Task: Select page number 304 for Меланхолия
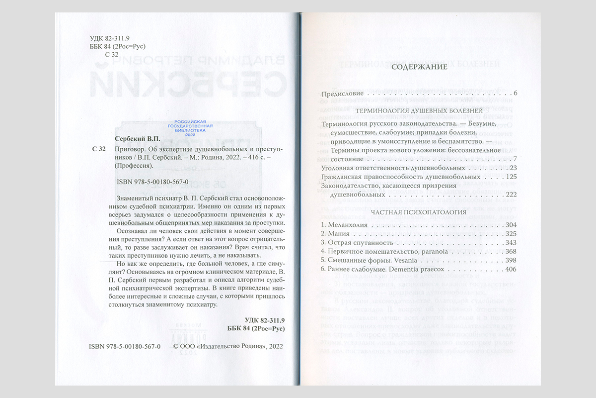[510, 225]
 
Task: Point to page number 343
[510, 243]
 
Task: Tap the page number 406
[510, 269]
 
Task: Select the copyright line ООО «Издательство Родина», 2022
[227, 347]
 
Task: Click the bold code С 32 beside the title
[99, 149]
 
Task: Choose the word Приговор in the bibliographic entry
[130, 149]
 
